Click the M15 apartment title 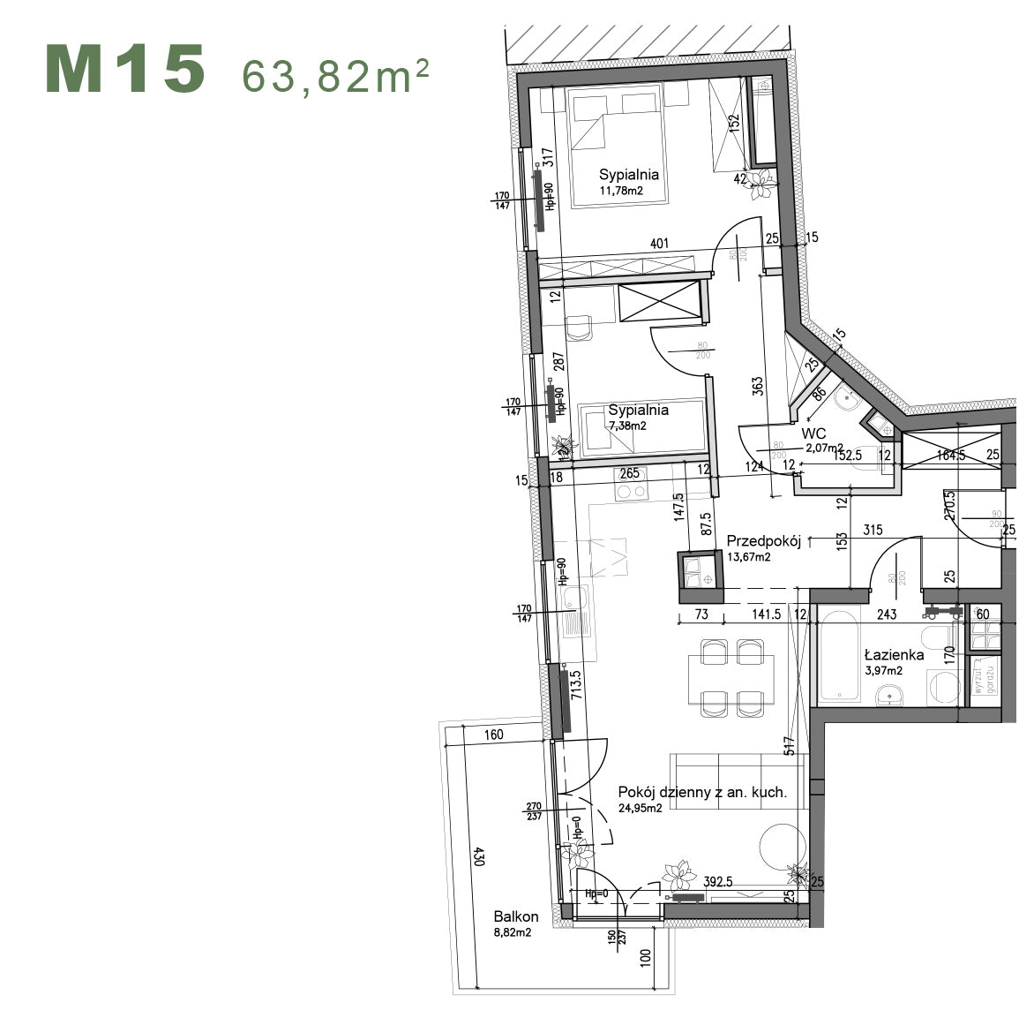pyautogui.click(x=125, y=70)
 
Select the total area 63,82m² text pyautogui.click(x=336, y=77)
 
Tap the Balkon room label pyautogui.click(x=516, y=917)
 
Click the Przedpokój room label pyautogui.click(x=763, y=542)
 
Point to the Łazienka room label pyautogui.click(x=894, y=654)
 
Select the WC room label pyautogui.click(x=813, y=433)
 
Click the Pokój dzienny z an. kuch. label pyautogui.click(x=702, y=792)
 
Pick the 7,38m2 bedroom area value pyautogui.click(x=627, y=425)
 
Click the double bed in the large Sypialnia pyautogui.click(x=614, y=146)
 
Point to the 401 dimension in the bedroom pyautogui.click(x=659, y=244)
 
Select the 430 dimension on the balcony pyautogui.click(x=478, y=856)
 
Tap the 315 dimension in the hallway pyautogui.click(x=873, y=530)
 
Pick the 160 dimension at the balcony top pyautogui.click(x=493, y=735)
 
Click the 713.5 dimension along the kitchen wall pyautogui.click(x=576, y=685)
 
